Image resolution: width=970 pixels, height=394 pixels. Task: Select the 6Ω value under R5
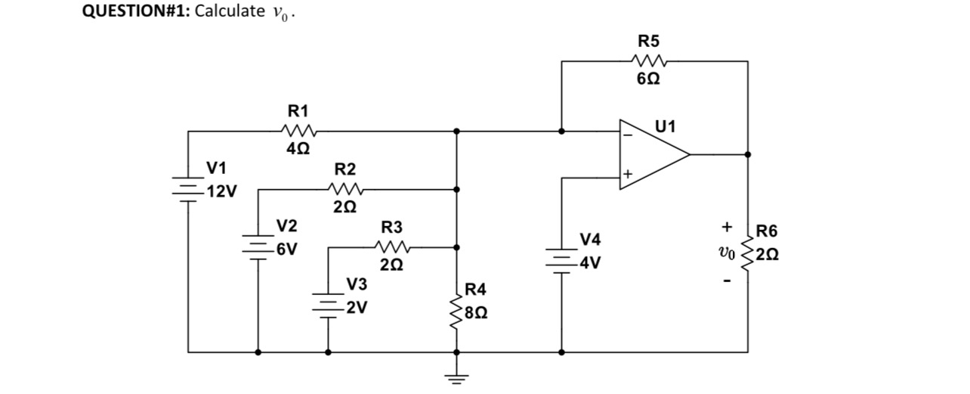(x=647, y=81)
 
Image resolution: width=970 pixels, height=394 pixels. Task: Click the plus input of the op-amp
(x=627, y=175)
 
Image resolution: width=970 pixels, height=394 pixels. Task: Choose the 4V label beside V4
(x=590, y=264)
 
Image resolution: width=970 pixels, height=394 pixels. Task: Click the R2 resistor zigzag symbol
(x=347, y=189)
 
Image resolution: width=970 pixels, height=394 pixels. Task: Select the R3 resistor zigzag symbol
(x=394, y=247)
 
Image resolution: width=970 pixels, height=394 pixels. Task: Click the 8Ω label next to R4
(x=477, y=312)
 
